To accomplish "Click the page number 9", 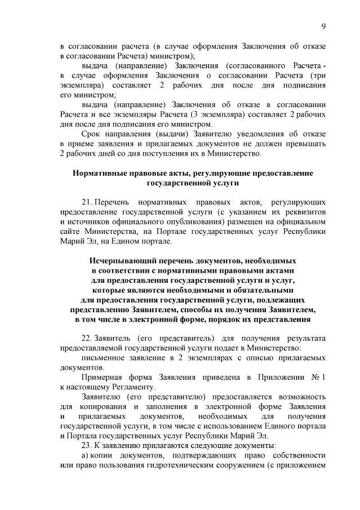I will pos(324,26).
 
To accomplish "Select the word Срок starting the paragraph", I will pos(91,134).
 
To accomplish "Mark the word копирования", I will pos(100,407).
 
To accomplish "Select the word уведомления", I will pos(250,134).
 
